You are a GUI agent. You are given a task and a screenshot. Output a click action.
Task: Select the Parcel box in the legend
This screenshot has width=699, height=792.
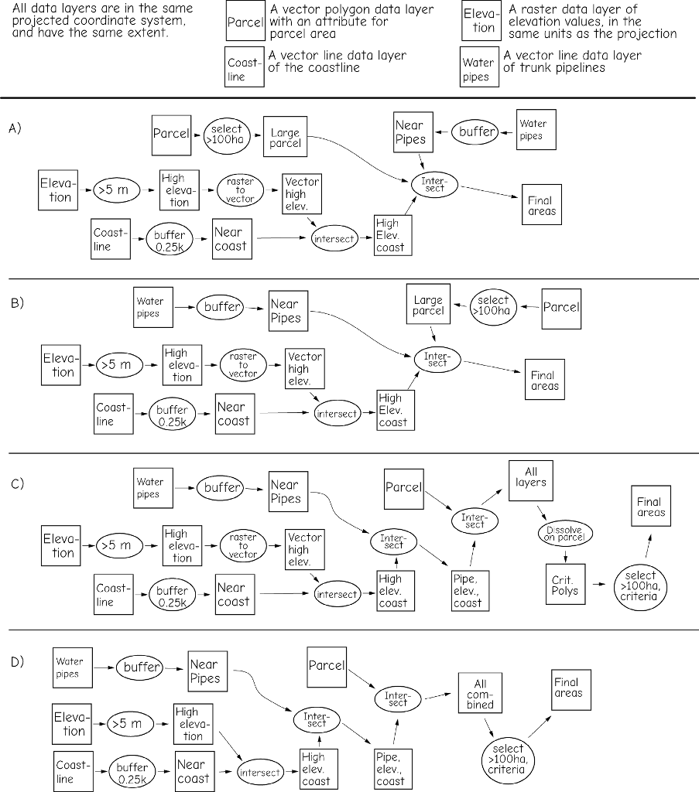tap(245, 22)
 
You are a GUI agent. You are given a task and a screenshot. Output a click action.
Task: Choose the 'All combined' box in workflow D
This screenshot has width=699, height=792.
tap(480, 694)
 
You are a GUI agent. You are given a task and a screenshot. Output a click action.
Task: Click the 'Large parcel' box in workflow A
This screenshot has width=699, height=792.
tap(285, 138)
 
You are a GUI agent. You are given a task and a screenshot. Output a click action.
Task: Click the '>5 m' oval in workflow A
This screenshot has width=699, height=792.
tap(116, 190)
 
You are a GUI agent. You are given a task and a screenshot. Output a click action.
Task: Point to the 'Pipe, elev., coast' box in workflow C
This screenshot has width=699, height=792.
tap(468, 590)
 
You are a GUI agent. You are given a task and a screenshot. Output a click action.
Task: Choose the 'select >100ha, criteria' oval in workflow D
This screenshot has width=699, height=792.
tap(507, 759)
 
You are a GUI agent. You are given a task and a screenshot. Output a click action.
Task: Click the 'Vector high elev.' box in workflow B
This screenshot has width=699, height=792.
tap(303, 369)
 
